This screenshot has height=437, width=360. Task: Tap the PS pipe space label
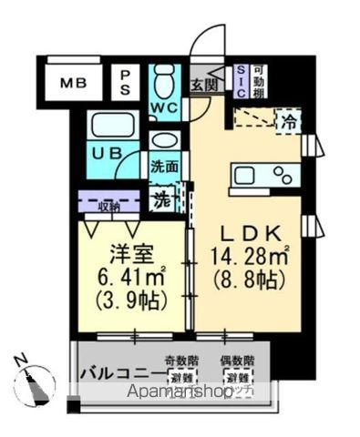pos(127,83)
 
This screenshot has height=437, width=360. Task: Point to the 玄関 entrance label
pos(204,86)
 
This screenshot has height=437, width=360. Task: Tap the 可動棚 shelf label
pos(260,83)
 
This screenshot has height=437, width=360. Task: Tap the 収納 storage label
pos(108,205)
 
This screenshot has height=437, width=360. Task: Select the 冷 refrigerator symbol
pos(289,120)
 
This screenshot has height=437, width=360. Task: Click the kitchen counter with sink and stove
pos(265,174)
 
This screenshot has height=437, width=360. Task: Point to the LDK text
pos(251,231)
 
